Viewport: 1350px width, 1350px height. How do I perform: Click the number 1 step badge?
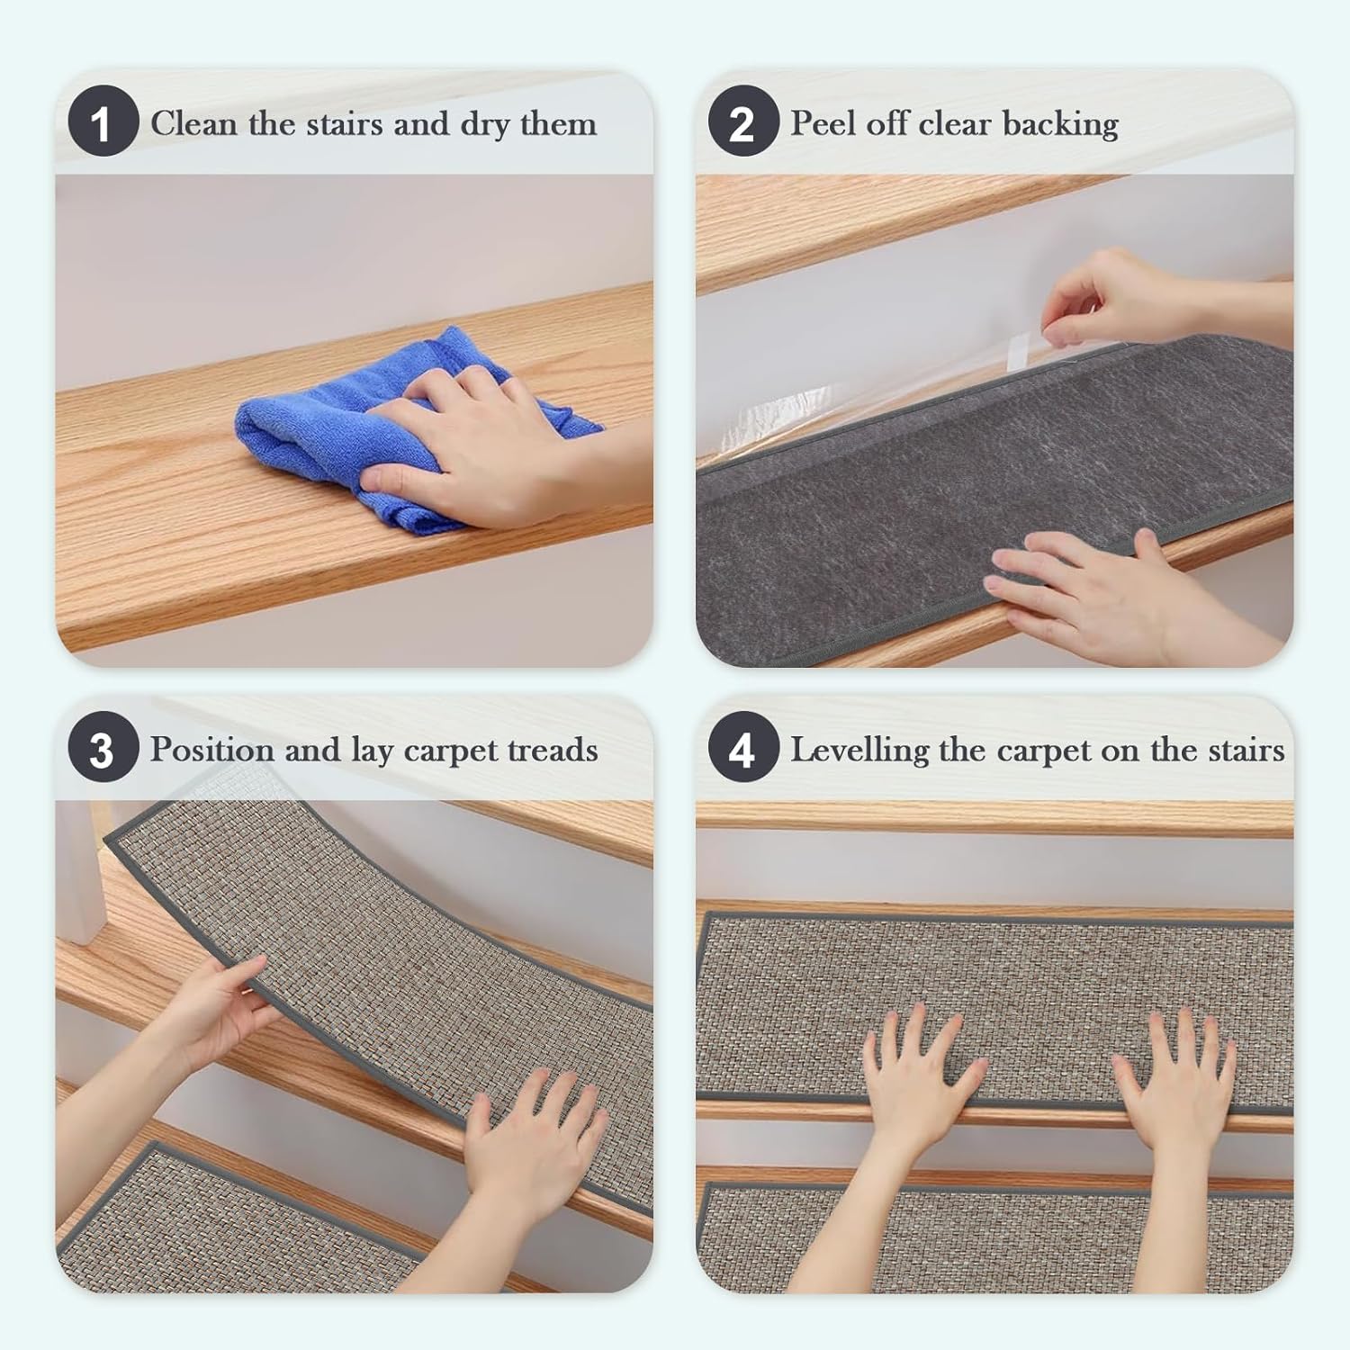(103, 121)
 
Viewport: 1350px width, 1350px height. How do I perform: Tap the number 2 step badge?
(742, 121)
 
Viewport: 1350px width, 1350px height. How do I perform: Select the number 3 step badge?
(103, 748)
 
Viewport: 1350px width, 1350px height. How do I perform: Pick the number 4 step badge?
(742, 748)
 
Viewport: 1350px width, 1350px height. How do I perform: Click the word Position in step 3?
(211, 750)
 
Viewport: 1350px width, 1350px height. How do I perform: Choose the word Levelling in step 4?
(859, 750)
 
